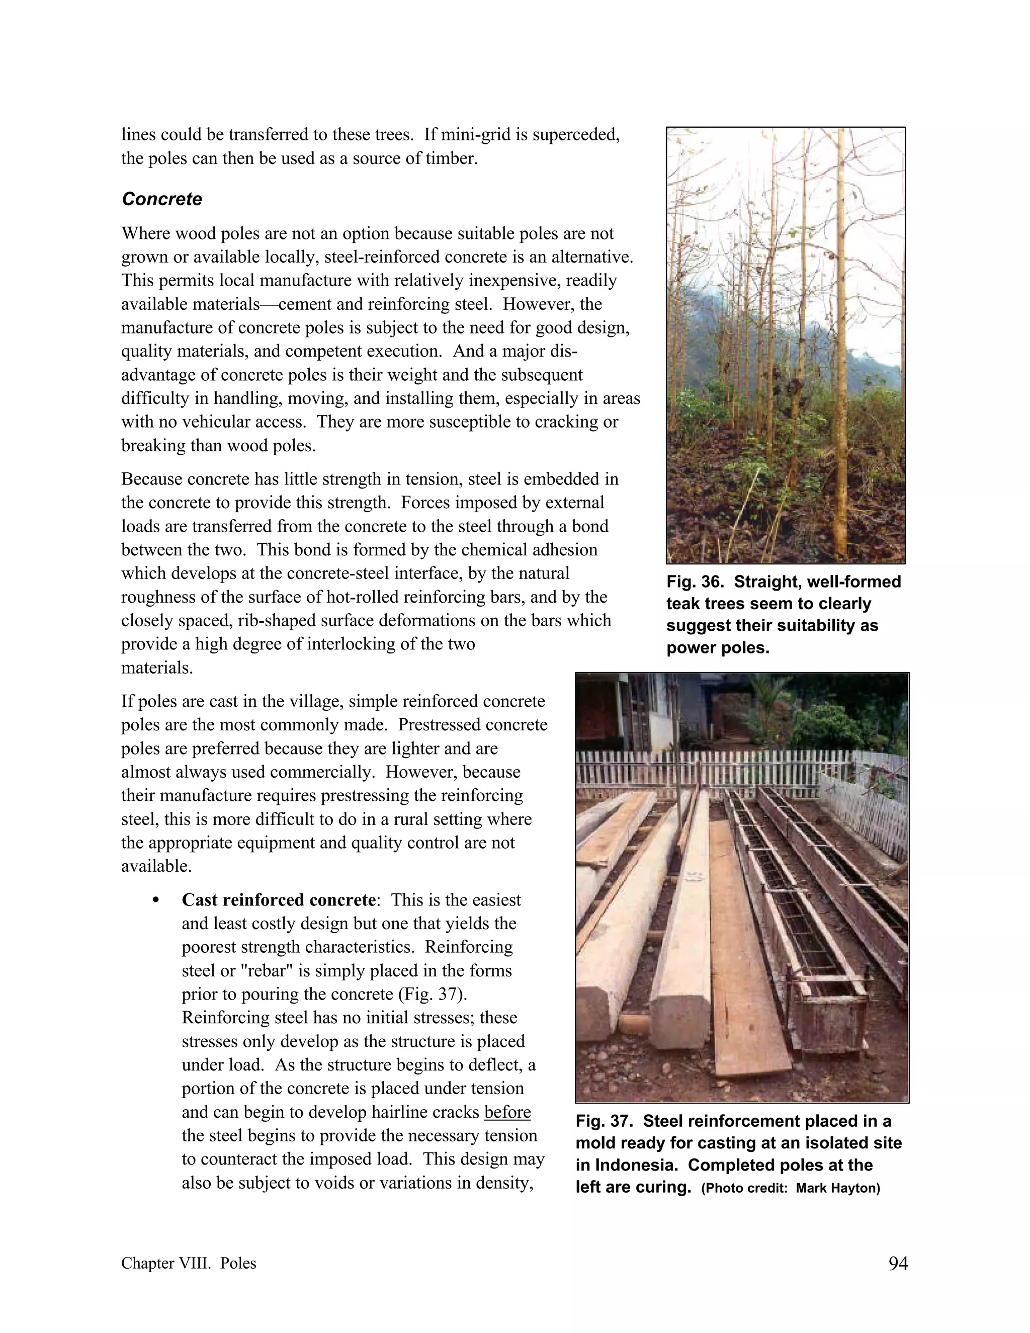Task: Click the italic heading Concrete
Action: pyautogui.click(x=162, y=199)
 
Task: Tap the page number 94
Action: pyautogui.click(x=898, y=1264)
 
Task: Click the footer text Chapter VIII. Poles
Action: pyautogui.click(x=189, y=1264)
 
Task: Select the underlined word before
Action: pyautogui.click(x=507, y=1112)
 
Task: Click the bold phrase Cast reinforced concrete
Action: pyautogui.click(x=278, y=900)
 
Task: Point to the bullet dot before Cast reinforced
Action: pyautogui.click(x=156, y=901)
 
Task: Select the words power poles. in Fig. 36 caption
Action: pyautogui.click(x=718, y=647)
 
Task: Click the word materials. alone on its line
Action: pyautogui.click(x=157, y=668)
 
